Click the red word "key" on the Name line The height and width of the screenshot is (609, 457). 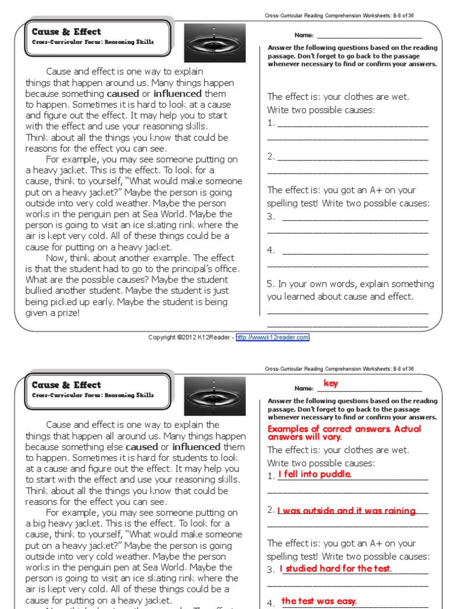click(x=331, y=384)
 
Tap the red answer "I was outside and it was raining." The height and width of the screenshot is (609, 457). click(x=346, y=510)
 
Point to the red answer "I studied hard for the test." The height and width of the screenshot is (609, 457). click(x=336, y=568)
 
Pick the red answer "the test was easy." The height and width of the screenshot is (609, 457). click(x=319, y=601)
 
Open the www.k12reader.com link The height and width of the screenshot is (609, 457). click(x=273, y=337)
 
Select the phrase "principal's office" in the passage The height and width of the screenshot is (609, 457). click(x=202, y=269)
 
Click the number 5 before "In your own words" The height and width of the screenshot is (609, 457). click(x=270, y=284)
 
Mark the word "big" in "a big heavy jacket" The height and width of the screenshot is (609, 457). click(x=40, y=523)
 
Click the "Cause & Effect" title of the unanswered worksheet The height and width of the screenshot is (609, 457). click(x=66, y=32)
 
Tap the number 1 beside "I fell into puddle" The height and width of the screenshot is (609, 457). click(x=271, y=476)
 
